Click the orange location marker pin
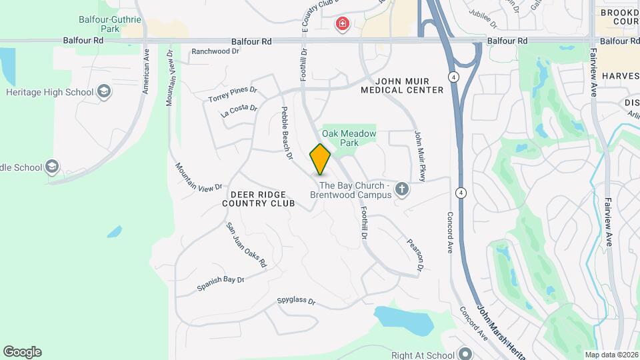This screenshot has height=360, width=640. (x=320, y=159)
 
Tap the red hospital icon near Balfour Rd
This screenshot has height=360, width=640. (x=343, y=25)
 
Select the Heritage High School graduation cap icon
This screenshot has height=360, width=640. (x=104, y=91)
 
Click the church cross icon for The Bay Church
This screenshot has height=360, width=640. (x=401, y=189)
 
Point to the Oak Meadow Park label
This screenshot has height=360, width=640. (x=349, y=138)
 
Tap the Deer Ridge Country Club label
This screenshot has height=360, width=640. (x=258, y=198)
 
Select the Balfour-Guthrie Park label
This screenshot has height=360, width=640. (x=110, y=25)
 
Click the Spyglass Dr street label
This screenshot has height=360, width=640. (x=296, y=301)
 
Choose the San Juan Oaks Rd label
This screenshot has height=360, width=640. (x=246, y=245)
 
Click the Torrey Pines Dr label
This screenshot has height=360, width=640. (x=232, y=95)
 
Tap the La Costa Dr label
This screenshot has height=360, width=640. (x=239, y=111)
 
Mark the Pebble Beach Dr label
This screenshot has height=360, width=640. (x=287, y=133)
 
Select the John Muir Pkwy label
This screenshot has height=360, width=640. (x=421, y=155)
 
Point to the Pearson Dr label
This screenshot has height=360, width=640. (x=415, y=254)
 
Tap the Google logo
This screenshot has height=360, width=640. (x=22, y=352)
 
